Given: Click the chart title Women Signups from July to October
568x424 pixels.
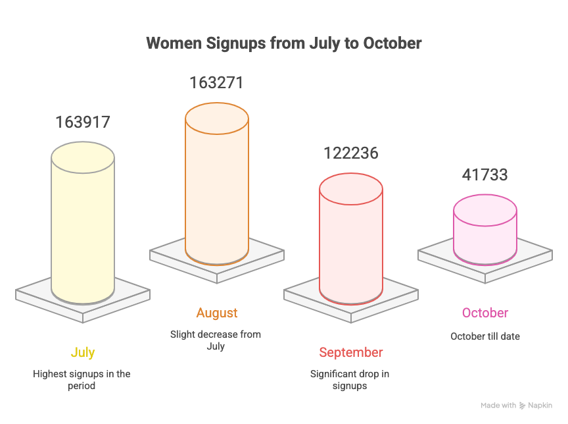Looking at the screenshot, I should (283, 43).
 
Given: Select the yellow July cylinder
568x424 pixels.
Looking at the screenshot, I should (83, 224).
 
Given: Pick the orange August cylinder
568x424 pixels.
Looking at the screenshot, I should (217, 184).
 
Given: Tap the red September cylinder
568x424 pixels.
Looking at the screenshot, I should (350, 240).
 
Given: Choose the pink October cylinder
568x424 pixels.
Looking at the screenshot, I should (485, 230).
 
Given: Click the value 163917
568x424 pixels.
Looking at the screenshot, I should (83, 122).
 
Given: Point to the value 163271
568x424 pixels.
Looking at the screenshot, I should (217, 83).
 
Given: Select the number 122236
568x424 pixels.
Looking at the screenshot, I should (350, 153).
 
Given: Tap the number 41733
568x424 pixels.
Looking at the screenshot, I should (485, 175).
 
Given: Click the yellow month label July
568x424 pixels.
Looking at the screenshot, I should (83, 352).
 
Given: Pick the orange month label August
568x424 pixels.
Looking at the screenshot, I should (217, 313).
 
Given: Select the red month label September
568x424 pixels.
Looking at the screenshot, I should (350, 352).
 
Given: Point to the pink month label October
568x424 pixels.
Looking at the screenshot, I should (485, 313).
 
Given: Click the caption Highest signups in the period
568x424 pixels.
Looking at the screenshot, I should (82, 379).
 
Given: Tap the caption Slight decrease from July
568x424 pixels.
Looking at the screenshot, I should (216, 340).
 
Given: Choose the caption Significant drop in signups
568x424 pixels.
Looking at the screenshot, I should (350, 379).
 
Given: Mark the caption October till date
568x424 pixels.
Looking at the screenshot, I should (485, 336).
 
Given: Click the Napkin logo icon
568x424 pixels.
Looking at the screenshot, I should (522, 406).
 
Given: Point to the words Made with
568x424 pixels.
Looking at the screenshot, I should (498, 406).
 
